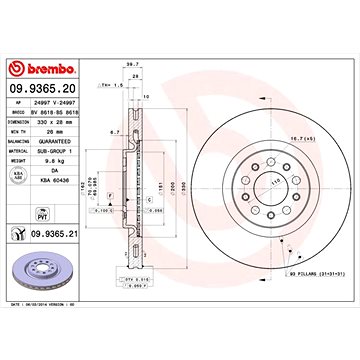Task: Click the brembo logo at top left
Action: (35, 68)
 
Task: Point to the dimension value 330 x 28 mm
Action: (54, 124)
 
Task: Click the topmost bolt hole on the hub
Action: (266, 157)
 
